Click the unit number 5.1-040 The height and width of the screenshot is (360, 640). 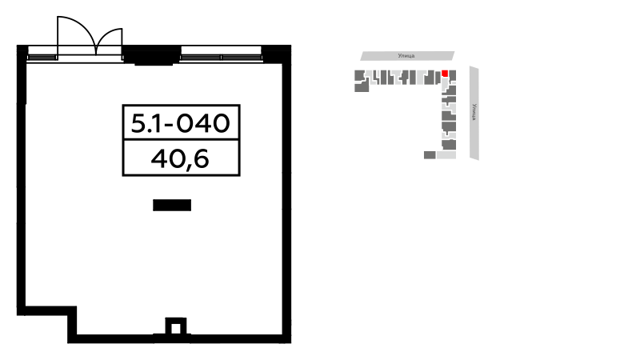coord(181,123)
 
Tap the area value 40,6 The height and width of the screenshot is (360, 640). coord(180,158)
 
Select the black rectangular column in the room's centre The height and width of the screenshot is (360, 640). coord(172,206)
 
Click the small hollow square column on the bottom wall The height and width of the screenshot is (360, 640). coord(176,326)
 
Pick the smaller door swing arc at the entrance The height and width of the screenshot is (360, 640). coord(107,34)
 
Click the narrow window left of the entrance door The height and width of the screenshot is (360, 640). coord(42,57)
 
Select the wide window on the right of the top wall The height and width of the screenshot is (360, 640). coord(221,57)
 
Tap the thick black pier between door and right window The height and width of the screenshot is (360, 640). coord(152,55)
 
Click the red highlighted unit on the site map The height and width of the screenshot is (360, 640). coord(445,74)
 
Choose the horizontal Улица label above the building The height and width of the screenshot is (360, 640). coord(406,56)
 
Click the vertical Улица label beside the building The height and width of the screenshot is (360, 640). coord(474,112)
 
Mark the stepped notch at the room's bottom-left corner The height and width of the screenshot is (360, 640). coord(72,311)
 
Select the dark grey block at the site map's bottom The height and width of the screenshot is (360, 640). coord(430,155)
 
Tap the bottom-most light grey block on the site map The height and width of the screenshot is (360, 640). coord(446,155)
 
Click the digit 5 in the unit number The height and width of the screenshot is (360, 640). coord(138,123)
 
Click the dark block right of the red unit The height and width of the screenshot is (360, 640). coord(452,75)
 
